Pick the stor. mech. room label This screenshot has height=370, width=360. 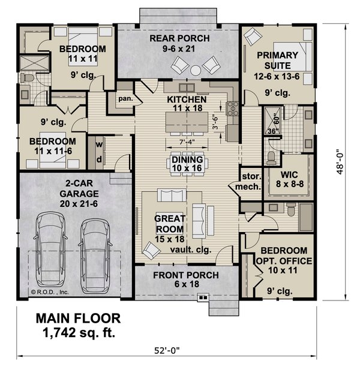(250, 182)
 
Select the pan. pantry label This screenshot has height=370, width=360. (125, 98)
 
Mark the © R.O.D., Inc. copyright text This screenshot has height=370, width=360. (50, 293)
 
